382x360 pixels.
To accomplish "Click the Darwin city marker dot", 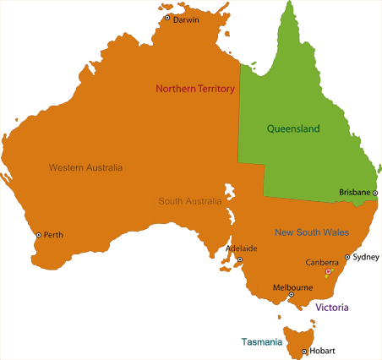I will pos(167,18).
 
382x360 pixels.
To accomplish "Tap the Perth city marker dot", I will pos(38,235).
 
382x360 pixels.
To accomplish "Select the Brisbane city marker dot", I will pos(375,193).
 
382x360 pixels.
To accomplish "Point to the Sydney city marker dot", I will pos(347,257).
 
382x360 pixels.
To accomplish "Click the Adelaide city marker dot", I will pos(239,259).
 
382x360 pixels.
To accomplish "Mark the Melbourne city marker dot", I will pos(292,295).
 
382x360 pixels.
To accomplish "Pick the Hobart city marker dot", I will pos(303,351).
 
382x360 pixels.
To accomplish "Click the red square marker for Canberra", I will pos(328,272).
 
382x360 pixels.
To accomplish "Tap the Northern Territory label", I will pos(194,89).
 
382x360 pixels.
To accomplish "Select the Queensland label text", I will pos(293,129).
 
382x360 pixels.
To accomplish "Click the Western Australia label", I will pos(85,167).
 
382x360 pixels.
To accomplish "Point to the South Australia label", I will pos(190,201).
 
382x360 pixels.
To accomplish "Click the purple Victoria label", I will pos(332,308).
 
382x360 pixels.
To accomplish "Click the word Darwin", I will pos(186,19).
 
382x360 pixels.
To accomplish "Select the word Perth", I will pos(53,235).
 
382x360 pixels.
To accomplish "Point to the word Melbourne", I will pos(292,287).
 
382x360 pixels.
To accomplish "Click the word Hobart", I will pos(322,351).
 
